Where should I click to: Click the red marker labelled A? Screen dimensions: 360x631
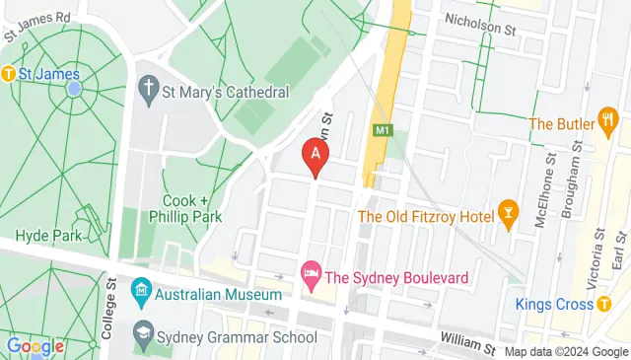pyautogui.click(x=315, y=155)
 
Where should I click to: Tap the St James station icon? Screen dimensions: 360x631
pyautogui.click(x=10, y=72)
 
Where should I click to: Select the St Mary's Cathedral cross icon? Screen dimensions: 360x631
pyautogui.click(x=147, y=92)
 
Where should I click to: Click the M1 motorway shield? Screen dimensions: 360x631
pyautogui.click(x=382, y=129)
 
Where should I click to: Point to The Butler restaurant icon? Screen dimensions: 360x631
pyautogui.click(x=609, y=123)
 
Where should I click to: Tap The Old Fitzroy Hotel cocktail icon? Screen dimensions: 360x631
pyautogui.click(x=509, y=216)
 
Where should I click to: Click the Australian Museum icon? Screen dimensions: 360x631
pyautogui.click(x=139, y=294)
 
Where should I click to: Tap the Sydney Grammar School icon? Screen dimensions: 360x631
pyautogui.click(x=144, y=329)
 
